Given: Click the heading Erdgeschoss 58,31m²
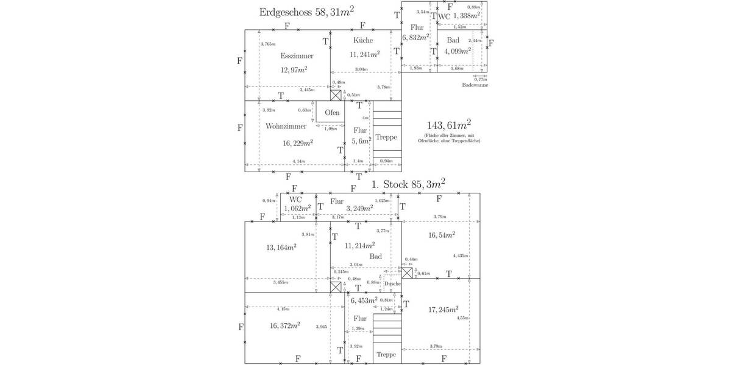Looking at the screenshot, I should [x=306, y=12].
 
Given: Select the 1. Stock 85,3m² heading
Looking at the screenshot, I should [x=408, y=182].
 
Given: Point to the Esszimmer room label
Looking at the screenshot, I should [x=297, y=56].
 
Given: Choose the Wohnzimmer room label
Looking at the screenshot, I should [x=286, y=127].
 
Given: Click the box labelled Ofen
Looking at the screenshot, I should [x=332, y=113].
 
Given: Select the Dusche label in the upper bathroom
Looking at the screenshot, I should [x=392, y=283].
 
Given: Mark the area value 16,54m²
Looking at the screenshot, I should [x=441, y=234].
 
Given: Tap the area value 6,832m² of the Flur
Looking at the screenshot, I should [x=415, y=38].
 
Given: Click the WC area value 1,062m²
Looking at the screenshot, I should [x=297, y=208].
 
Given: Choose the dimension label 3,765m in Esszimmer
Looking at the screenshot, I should [x=267, y=44].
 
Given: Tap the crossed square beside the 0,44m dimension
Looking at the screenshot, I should [x=408, y=273].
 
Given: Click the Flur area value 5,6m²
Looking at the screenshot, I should [x=359, y=141].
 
